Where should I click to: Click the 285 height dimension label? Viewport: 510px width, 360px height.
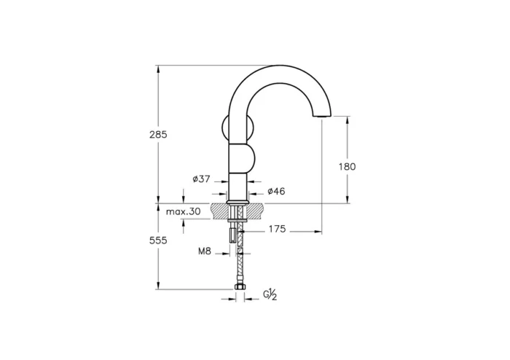[158, 135]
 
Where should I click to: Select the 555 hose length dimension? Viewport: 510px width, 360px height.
[158, 240]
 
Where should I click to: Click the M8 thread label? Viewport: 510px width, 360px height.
[205, 252]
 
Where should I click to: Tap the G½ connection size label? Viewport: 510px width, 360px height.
[270, 294]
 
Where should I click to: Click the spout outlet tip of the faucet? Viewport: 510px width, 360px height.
[321, 117]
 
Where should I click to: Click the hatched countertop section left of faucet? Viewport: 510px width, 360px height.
[220, 211]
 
